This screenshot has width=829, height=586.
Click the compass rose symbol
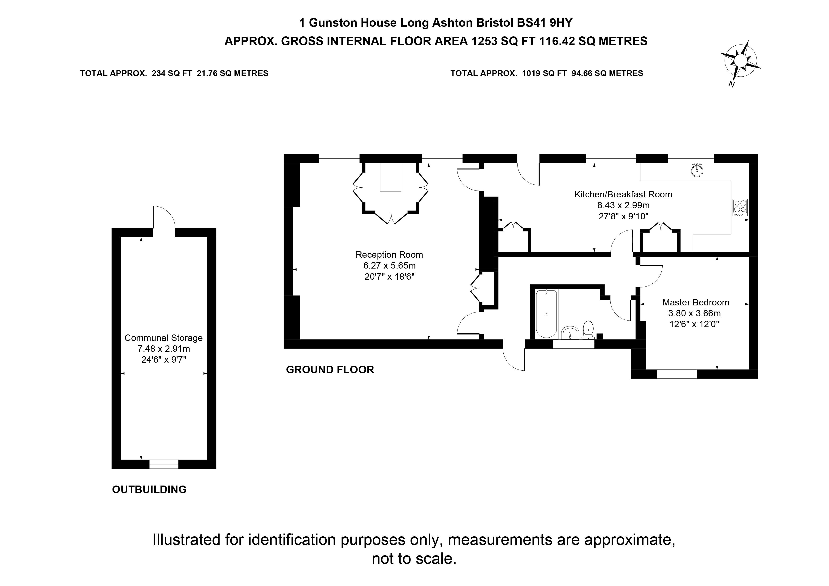740,61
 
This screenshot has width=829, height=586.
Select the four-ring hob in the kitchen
740,208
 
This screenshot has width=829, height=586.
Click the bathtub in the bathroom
547,313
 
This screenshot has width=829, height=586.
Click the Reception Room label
389,255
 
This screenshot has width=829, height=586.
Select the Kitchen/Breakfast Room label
623,194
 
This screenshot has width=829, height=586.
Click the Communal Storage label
164,338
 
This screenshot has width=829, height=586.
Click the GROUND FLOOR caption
330,370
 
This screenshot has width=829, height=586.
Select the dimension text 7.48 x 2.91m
164,349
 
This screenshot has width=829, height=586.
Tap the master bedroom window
677,374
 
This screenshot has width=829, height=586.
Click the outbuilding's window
164,464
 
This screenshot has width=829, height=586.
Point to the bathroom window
573,344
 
